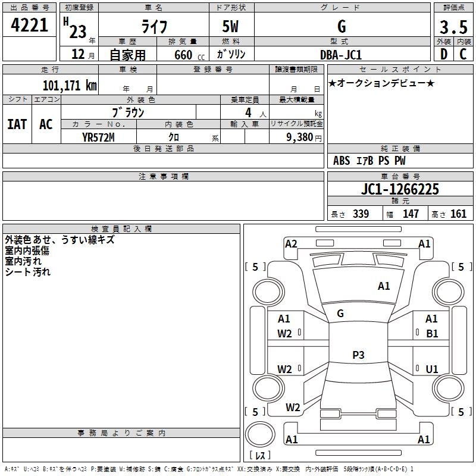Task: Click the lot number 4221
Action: pyautogui.click(x=29, y=25)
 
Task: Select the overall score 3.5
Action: pyautogui.click(x=453, y=27)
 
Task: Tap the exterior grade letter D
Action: pyautogui.click(x=444, y=54)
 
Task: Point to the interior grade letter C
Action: pyautogui.click(x=463, y=54)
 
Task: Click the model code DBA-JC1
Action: pyautogui.click(x=341, y=55)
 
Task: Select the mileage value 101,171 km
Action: pyautogui.click(x=70, y=86)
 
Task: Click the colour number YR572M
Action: pyautogui.click(x=98, y=137)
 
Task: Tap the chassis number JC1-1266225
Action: pyautogui.click(x=400, y=189)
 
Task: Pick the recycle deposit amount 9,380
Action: pyautogui.click(x=300, y=137)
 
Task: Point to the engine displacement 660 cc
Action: pyautogui.click(x=189, y=55)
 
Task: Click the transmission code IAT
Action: pyautogui.click(x=17, y=124)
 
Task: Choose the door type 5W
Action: pyautogui.click(x=230, y=26)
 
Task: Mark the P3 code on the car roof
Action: pyautogui.click(x=358, y=355)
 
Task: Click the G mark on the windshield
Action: pyautogui.click(x=340, y=314)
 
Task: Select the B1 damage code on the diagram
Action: pyautogui.click(x=432, y=334)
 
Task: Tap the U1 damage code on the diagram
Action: pyautogui.click(x=432, y=369)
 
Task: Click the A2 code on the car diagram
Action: pyautogui.click(x=291, y=244)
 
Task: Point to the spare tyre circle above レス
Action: pyautogui.click(x=260, y=434)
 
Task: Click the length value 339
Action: pyautogui.click(x=361, y=214)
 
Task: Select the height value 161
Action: pyautogui.click(x=458, y=214)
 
